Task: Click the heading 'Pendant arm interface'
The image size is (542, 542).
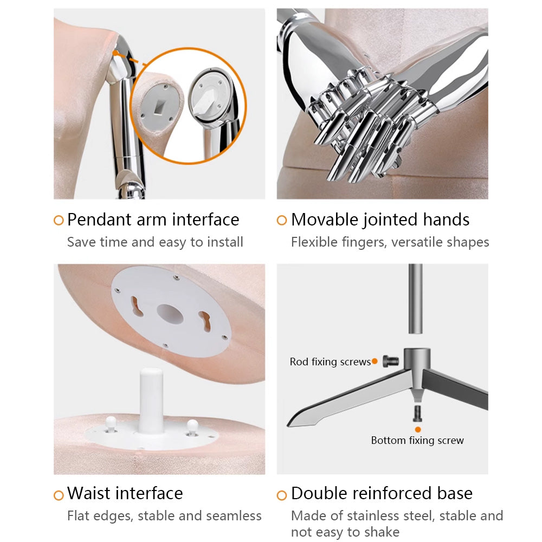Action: coord(153,220)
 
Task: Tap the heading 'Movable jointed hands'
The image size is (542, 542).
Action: coord(380,220)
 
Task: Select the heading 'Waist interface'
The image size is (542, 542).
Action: coord(125,493)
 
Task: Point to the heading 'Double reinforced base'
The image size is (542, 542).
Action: coord(382,493)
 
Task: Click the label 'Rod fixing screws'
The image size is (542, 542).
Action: coord(330,362)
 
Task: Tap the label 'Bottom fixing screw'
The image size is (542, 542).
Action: coord(417,440)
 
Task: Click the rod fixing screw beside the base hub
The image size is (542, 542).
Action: coord(391,362)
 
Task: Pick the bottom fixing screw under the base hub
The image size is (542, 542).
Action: coord(417,414)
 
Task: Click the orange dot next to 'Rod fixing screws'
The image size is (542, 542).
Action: coord(375,362)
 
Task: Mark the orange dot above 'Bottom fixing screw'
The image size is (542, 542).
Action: coord(418,430)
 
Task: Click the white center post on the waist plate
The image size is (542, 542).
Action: coord(151,401)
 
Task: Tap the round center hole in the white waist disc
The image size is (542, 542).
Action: coord(170,314)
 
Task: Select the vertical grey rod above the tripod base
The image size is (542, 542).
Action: coord(415,299)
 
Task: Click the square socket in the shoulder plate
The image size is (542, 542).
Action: coord(159,107)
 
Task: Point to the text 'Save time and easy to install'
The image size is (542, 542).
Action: coord(155,242)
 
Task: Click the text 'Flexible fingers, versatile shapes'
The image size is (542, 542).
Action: coord(390,242)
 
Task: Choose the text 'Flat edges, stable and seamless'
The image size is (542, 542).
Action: coord(164,516)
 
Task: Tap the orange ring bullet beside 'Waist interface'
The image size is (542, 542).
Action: coord(59,495)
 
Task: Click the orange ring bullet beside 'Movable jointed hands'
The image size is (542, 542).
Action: coord(282,220)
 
